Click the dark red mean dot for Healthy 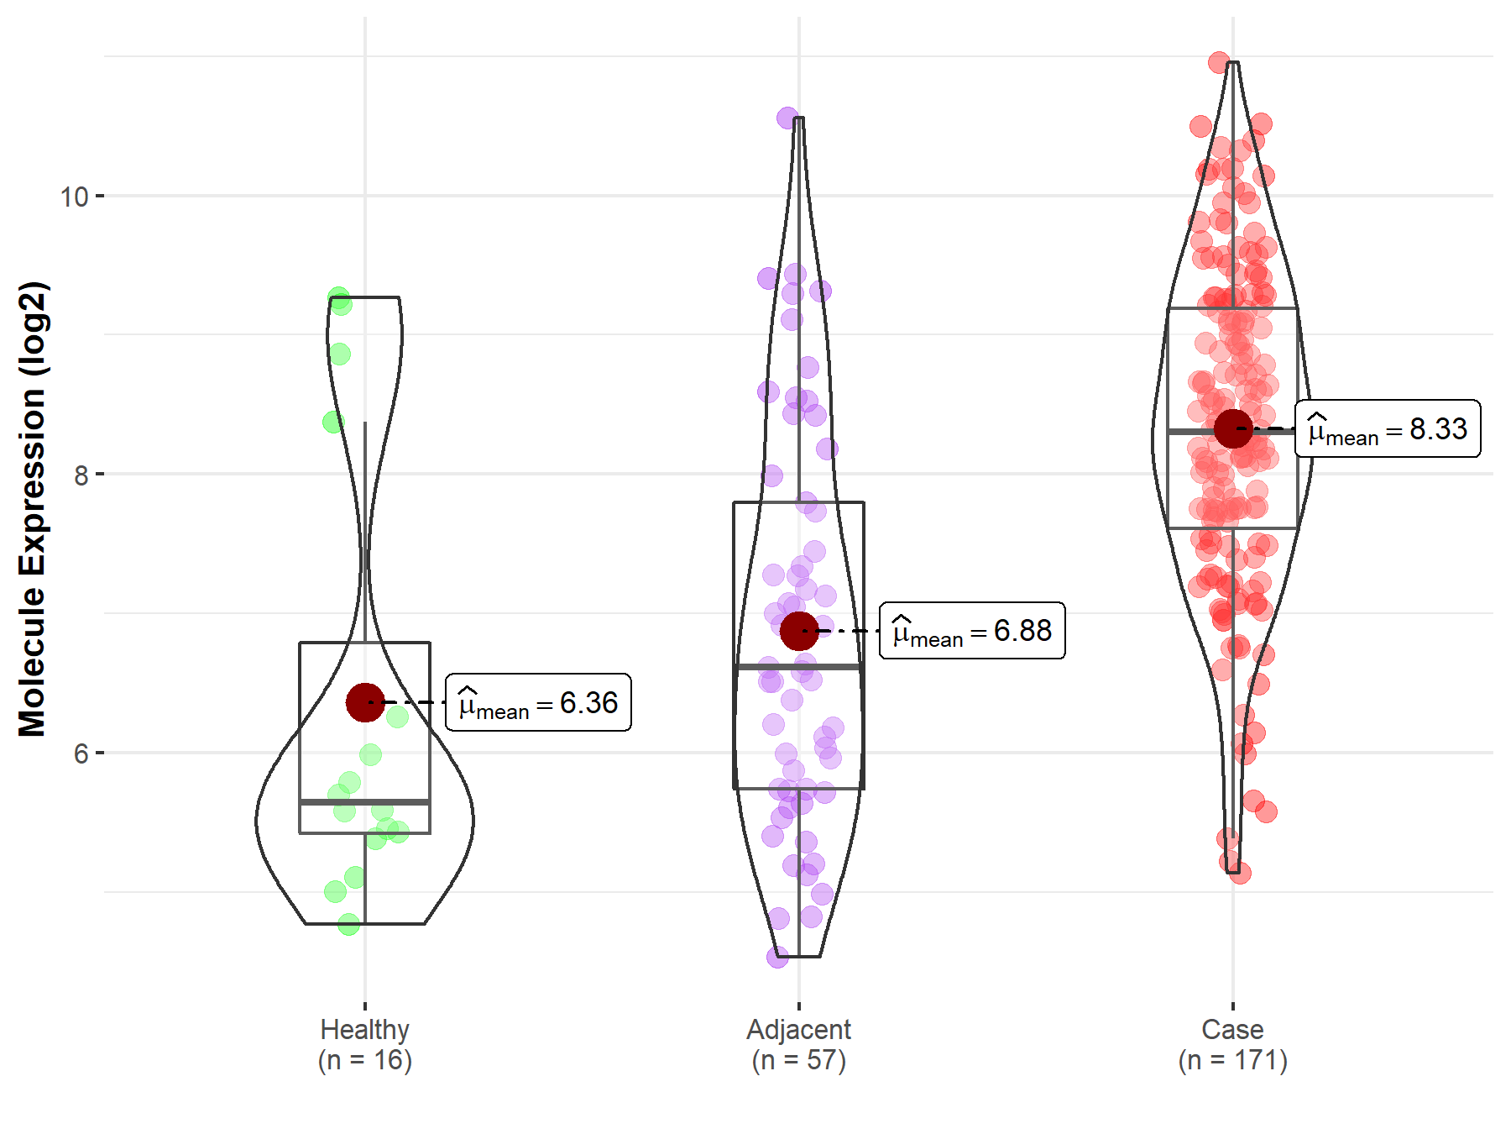(x=365, y=702)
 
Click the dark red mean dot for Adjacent (x=799, y=631)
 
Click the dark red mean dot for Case (x=1233, y=429)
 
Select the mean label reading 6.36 (x=538, y=702)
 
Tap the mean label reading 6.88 (x=972, y=631)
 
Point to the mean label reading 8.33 (x=1388, y=429)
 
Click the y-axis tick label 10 (x=74, y=197)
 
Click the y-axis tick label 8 (x=81, y=475)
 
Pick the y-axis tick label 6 (x=81, y=753)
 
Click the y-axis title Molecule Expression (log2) (x=32, y=509)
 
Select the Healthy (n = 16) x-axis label (x=365, y=1045)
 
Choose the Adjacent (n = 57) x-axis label (x=799, y=1045)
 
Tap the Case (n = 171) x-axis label (x=1233, y=1045)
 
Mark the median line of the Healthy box (x=365, y=802)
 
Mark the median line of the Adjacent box (x=799, y=667)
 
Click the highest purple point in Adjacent (x=787, y=118)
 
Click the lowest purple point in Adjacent (x=777, y=957)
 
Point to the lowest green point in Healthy (x=348, y=925)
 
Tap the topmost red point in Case (x=1219, y=62)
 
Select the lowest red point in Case (x=1240, y=873)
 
